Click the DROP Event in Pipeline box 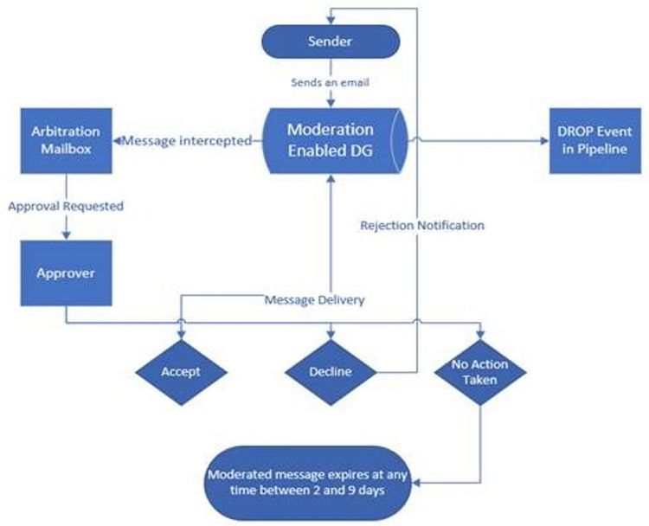click(588, 140)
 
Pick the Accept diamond click(181, 372)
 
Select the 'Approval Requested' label click(67, 207)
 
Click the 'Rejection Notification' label click(421, 225)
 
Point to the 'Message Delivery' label click(315, 300)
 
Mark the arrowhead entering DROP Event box click(543, 140)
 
